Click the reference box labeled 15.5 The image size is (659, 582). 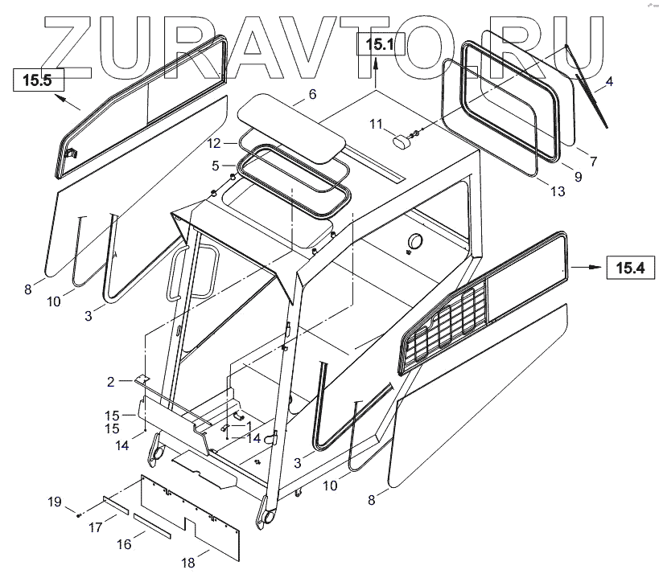point(37,80)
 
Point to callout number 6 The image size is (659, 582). point(312,94)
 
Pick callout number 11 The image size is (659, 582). point(376,123)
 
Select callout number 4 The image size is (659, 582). point(608,80)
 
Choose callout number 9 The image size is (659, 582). point(577,176)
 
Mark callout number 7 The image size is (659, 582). point(593,162)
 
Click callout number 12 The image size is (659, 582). point(213,143)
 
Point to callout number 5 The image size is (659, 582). point(216,166)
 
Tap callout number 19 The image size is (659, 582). point(53,502)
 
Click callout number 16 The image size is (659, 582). point(124,544)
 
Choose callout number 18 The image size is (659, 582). point(188,564)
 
